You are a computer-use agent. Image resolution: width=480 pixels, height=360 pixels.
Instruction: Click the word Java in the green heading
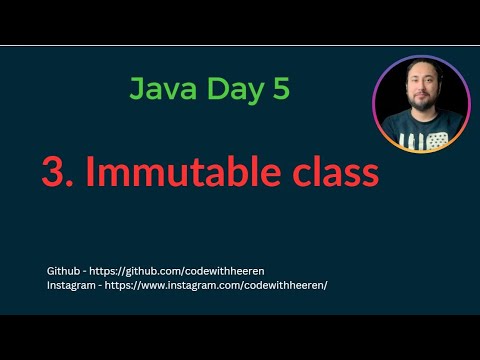point(160,89)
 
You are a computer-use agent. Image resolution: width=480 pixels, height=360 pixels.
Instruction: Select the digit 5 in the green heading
point(281,88)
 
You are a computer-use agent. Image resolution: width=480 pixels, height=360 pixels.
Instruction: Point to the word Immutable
point(187,172)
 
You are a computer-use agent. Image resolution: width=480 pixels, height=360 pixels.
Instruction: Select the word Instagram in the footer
point(71,285)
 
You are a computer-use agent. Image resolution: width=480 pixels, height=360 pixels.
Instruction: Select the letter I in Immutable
point(89,172)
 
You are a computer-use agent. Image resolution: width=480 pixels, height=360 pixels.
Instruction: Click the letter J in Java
point(137,89)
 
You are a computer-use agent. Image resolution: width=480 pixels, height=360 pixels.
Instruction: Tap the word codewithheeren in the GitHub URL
point(227,271)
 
